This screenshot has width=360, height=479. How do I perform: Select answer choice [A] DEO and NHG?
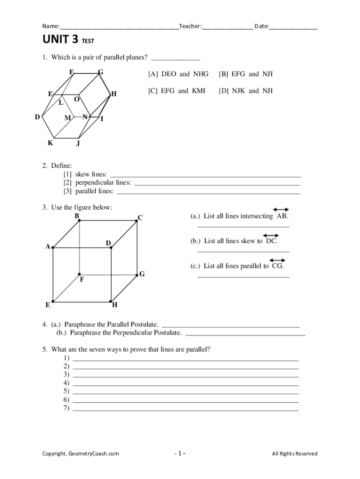coord(178,74)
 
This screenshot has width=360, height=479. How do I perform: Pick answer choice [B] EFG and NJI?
coord(245,74)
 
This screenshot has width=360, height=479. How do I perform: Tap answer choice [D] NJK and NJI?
coord(245,91)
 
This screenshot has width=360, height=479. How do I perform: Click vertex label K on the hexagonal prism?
coord(50,143)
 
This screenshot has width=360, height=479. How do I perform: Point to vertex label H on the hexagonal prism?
coord(114,94)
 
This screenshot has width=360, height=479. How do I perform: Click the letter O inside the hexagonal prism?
coord(77,101)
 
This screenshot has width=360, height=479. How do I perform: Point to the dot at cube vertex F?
coord(79,274)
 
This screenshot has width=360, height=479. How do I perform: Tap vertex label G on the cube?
coord(142,274)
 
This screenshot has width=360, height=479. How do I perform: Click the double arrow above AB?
coord(281,210)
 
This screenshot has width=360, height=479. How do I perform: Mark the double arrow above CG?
coord(277,260)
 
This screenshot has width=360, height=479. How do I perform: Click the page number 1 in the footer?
coord(180,453)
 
